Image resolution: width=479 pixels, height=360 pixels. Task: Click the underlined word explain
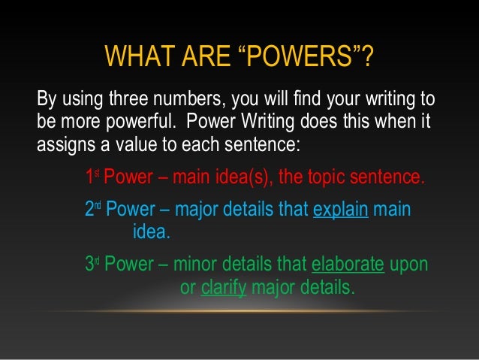pyautogui.click(x=340, y=211)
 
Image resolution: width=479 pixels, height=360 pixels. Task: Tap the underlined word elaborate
pyautogui.click(x=348, y=265)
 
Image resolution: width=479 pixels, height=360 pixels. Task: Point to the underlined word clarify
pyautogui.click(x=224, y=286)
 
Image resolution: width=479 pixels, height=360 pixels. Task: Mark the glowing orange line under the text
pyautogui.click(x=239, y=310)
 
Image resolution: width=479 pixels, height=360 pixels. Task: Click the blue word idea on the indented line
pyautogui.click(x=151, y=232)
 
